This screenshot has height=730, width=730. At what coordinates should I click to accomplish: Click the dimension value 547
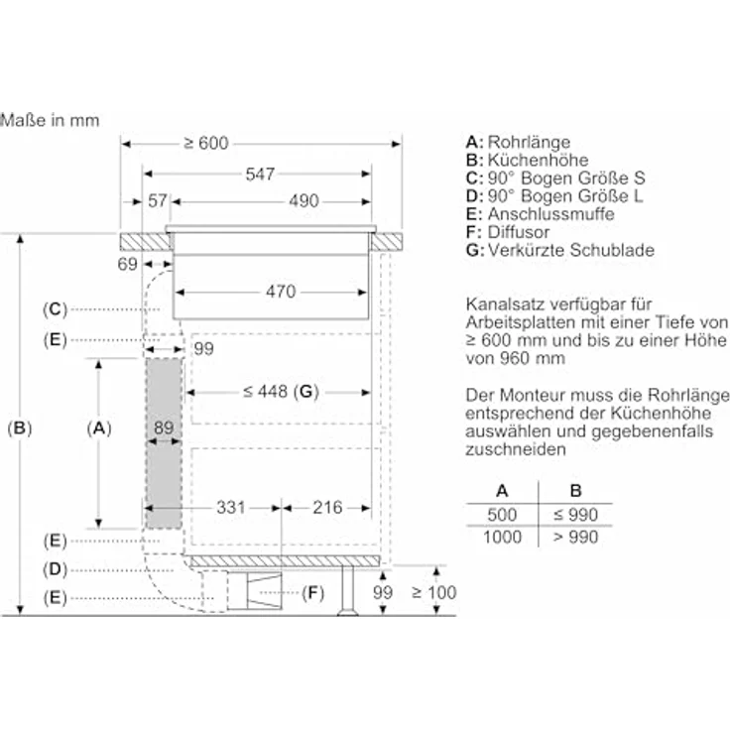pyautogui.click(x=259, y=174)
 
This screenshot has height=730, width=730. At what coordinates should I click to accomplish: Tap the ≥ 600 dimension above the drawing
pyautogui.click(x=206, y=144)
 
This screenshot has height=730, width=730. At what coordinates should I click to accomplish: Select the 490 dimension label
pyautogui.click(x=304, y=201)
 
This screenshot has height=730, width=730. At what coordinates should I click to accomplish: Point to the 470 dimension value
pyautogui.click(x=281, y=292)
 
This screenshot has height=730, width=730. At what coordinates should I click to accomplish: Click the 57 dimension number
pyautogui.click(x=157, y=201)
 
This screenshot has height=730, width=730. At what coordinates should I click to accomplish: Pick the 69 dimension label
pyautogui.click(x=126, y=264)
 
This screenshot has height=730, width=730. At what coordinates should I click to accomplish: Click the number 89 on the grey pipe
pyautogui.click(x=165, y=428)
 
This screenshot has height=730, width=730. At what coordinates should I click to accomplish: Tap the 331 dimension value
pyautogui.click(x=230, y=508)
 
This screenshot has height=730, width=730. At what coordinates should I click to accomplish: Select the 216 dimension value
pyautogui.click(x=326, y=508)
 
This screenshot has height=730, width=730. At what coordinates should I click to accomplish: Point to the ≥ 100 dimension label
pyautogui.click(x=433, y=593)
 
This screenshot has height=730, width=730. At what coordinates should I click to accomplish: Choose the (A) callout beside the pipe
pyautogui.click(x=97, y=428)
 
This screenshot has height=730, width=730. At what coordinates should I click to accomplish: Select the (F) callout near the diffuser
pyautogui.click(x=313, y=593)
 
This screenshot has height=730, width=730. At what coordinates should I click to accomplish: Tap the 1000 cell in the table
pyautogui.click(x=502, y=536)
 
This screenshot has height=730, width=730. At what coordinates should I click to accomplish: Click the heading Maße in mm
pyautogui.click(x=50, y=121)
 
